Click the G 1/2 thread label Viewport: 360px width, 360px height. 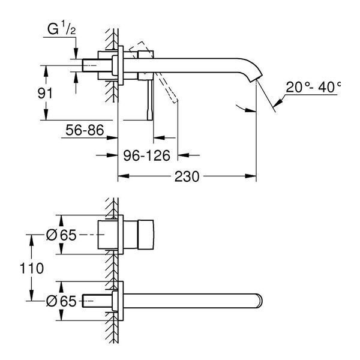(62, 29)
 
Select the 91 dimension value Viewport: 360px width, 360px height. (45, 93)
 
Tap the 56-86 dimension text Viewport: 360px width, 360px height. (85, 130)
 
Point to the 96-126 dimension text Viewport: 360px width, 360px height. (147, 155)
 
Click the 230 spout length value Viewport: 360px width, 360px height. (187, 176)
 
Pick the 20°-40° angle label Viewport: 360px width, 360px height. (313, 87)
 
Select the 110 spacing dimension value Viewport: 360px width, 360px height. (31, 268)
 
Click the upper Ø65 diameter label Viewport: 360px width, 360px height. (61, 235)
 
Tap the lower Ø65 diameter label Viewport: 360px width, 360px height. (61, 301)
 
